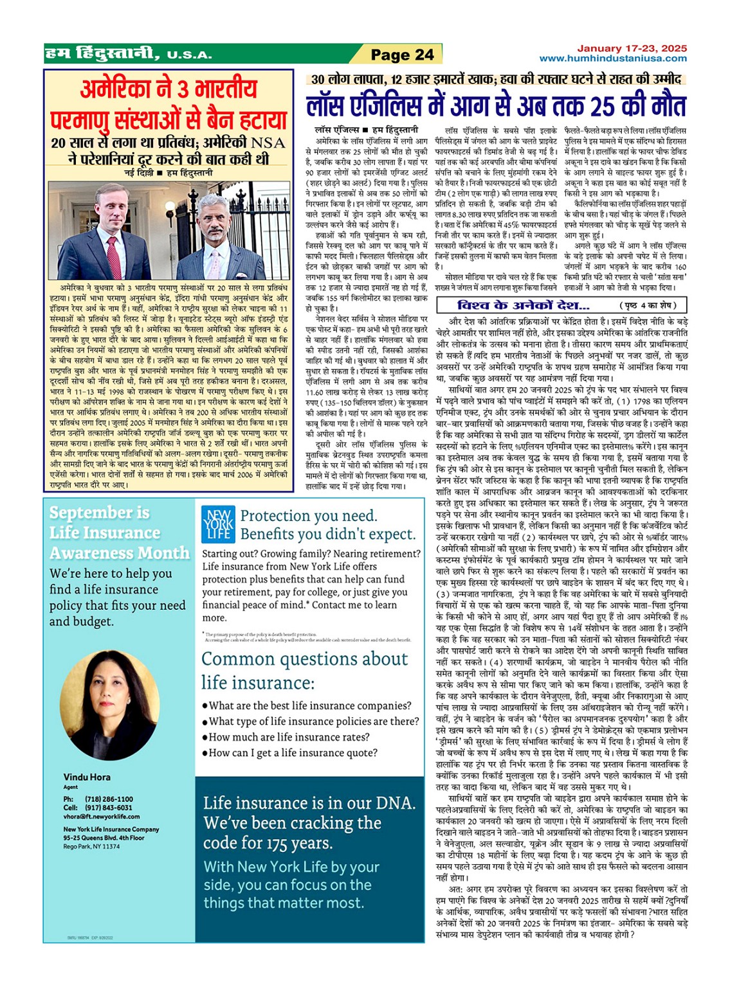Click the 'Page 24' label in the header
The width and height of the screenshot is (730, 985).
[402, 55]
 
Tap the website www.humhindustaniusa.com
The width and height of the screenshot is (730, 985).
[612, 58]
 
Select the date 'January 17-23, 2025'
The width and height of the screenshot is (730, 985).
[632, 48]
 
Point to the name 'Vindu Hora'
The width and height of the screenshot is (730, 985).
[87, 777]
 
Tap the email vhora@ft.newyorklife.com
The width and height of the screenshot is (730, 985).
[101, 817]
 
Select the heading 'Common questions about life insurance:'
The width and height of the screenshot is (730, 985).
[304, 670]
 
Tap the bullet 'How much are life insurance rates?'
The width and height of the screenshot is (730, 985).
[289, 737]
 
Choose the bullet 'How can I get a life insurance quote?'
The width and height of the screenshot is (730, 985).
[293, 752]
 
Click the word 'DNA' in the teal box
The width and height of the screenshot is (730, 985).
[392, 803]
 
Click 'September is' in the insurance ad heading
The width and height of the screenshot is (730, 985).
[99, 512]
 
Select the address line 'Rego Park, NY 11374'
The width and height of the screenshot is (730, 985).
[91, 846]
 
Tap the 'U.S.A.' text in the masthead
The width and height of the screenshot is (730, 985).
[189, 55]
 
